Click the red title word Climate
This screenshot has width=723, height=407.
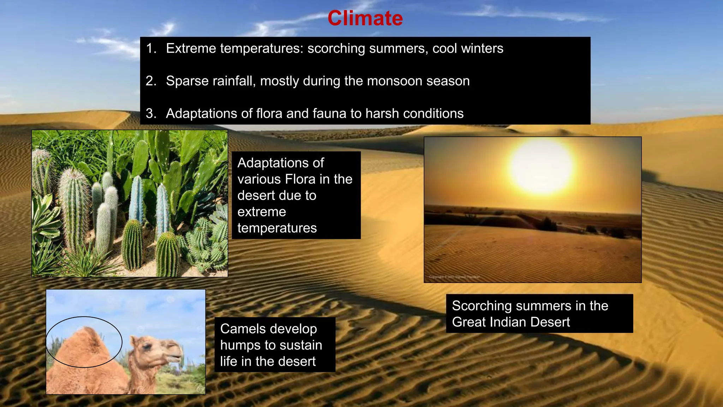365,18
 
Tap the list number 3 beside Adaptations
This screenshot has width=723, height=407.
150,113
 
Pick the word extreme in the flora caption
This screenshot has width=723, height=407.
262,212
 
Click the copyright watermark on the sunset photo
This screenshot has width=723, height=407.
454,277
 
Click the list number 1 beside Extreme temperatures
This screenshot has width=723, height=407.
150,48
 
